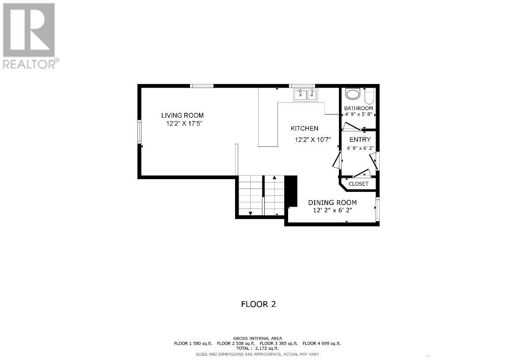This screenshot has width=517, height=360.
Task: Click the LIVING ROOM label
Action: pyautogui.click(x=182, y=115)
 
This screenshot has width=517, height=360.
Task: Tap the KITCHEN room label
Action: pyautogui.click(x=304, y=129)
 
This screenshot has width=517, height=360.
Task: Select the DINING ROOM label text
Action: pyautogui.click(x=332, y=203)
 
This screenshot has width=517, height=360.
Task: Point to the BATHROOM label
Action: pyautogui.click(x=358, y=108)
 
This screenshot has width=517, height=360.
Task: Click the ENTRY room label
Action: pyautogui.click(x=360, y=140)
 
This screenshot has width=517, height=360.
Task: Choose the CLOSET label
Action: pyautogui.click(x=358, y=184)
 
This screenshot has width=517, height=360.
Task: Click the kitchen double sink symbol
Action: pyautogui.click(x=306, y=94)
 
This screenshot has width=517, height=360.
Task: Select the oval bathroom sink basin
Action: pyautogui.click(x=353, y=94)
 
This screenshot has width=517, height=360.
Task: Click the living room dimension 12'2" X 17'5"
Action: pyautogui.click(x=184, y=124)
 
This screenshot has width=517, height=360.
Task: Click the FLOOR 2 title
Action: pyautogui.click(x=258, y=304)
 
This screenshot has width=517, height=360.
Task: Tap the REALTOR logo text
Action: pyautogui.click(x=30, y=64)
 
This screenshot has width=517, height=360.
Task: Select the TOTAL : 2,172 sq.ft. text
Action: pyautogui.click(x=257, y=349)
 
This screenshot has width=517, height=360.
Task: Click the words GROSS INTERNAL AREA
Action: pyautogui.click(x=258, y=338)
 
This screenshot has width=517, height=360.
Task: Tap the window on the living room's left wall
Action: pyautogui.click(x=140, y=132)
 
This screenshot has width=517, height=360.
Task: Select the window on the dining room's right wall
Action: pyautogui.click(x=377, y=210)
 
